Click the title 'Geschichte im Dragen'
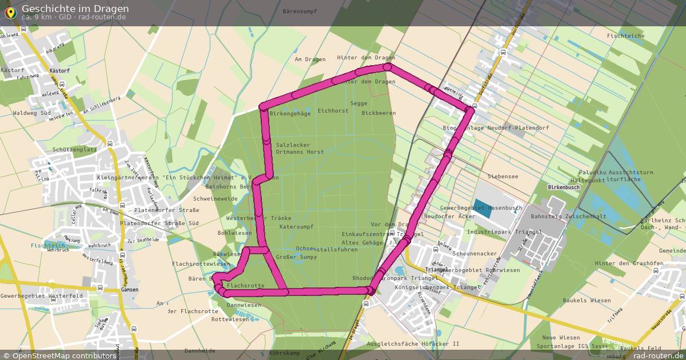pos(75,9)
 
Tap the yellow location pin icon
pos(10,11)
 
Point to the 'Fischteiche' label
pos(625,36)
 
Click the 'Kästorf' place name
pos(12,70)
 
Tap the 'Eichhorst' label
pos(333,111)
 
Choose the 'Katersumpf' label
pos(296,227)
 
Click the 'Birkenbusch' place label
pos(564,187)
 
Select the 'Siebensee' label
pos(502,177)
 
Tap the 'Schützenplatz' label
pos(74,149)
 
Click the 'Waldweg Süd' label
pos(32,113)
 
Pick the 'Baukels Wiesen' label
pos(587,301)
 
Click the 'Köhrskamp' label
pos(284,353)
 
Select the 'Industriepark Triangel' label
pos(504,233)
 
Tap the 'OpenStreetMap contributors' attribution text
pos(63,355)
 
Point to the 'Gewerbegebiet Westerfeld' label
pos(42,296)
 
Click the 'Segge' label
pos(358,103)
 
